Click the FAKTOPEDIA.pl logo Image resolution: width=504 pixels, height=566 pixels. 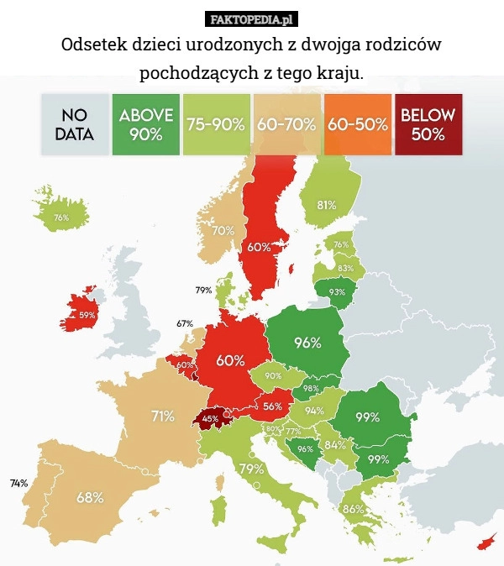pos(252,18)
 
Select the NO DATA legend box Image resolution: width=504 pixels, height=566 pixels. pos(76,124)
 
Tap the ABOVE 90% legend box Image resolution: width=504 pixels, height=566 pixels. pos(146,124)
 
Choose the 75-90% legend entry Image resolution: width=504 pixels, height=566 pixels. pos(216,124)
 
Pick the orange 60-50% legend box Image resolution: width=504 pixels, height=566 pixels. pos(358,124)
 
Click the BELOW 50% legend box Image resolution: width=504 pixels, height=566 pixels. pos(428,124)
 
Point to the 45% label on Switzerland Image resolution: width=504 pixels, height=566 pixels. pos(211,417)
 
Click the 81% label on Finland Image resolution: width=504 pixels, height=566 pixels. pos(327,204)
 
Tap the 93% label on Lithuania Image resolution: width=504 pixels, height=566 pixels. pos(337,292)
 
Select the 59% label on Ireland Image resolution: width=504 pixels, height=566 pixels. pos(87,315)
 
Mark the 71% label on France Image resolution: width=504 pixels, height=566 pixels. pos(163,415)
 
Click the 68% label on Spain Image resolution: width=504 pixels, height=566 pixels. pos(90,496)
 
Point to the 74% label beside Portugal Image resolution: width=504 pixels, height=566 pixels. pos(18,483)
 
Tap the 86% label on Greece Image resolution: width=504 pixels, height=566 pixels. pos(353,509)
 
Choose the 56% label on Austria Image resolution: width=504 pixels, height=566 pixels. pos(271,406)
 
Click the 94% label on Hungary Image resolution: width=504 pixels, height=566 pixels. pos(314,411)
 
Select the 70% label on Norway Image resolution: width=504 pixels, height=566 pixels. pos(223,230)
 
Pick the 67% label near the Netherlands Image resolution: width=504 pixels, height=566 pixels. pos(185,323)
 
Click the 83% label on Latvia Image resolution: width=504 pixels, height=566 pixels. pos(344,268)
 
